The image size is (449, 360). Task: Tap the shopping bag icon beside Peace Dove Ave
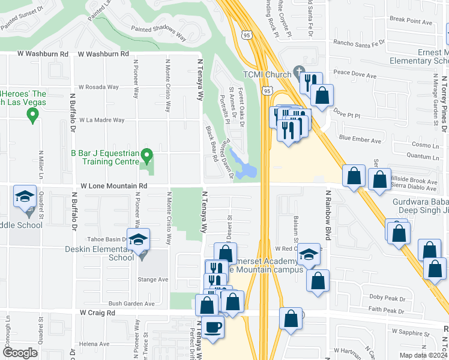[x=322, y=96]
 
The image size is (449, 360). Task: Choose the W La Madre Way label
[x=102, y=120]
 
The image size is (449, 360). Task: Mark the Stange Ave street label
[x=154, y=279]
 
